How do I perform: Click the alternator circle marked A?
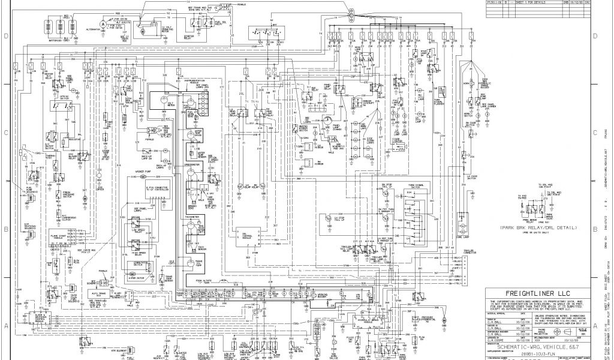103,23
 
